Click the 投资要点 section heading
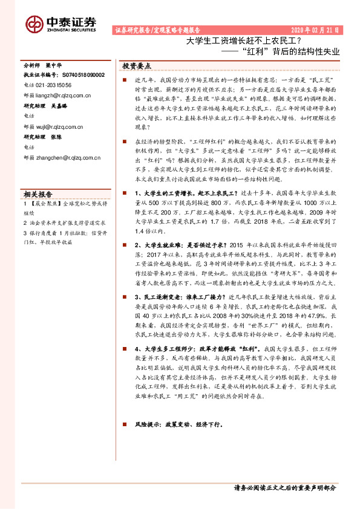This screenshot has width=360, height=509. (x=137, y=65)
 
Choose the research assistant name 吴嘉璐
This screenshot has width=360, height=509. (x=68, y=105)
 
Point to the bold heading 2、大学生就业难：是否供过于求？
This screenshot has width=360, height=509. (x=177, y=246)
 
